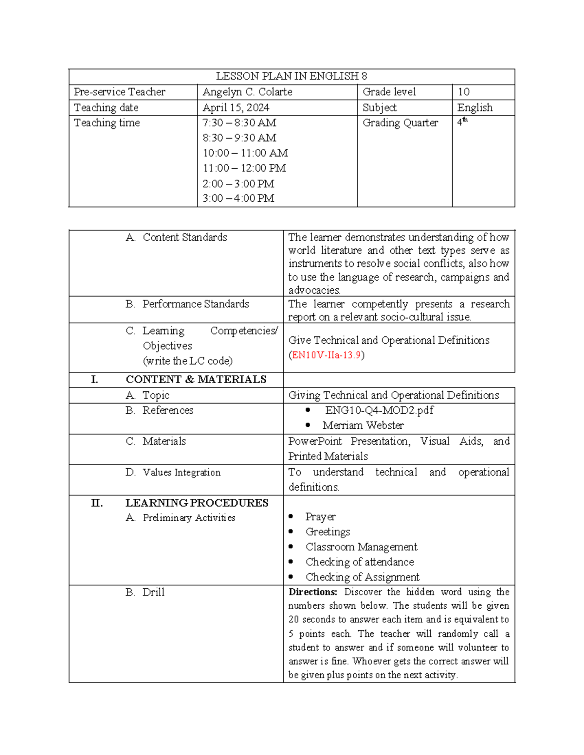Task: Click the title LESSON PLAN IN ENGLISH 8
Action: [291, 76]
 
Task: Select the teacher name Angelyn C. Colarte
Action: [247, 92]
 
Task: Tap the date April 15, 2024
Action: [236, 107]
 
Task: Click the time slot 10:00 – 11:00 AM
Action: [245, 153]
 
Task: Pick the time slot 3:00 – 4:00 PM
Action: [238, 198]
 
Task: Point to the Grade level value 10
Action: [463, 92]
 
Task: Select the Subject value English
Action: [474, 107]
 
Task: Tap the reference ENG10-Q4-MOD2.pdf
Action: [379, 410]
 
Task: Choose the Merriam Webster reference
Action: [363, 425]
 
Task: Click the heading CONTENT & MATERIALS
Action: [196, 380]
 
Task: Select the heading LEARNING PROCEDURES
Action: [197, 503]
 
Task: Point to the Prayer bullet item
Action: [320, 517]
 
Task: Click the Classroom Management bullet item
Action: [361, 547]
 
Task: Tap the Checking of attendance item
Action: [360, 562]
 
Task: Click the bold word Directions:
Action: [312, 592]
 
